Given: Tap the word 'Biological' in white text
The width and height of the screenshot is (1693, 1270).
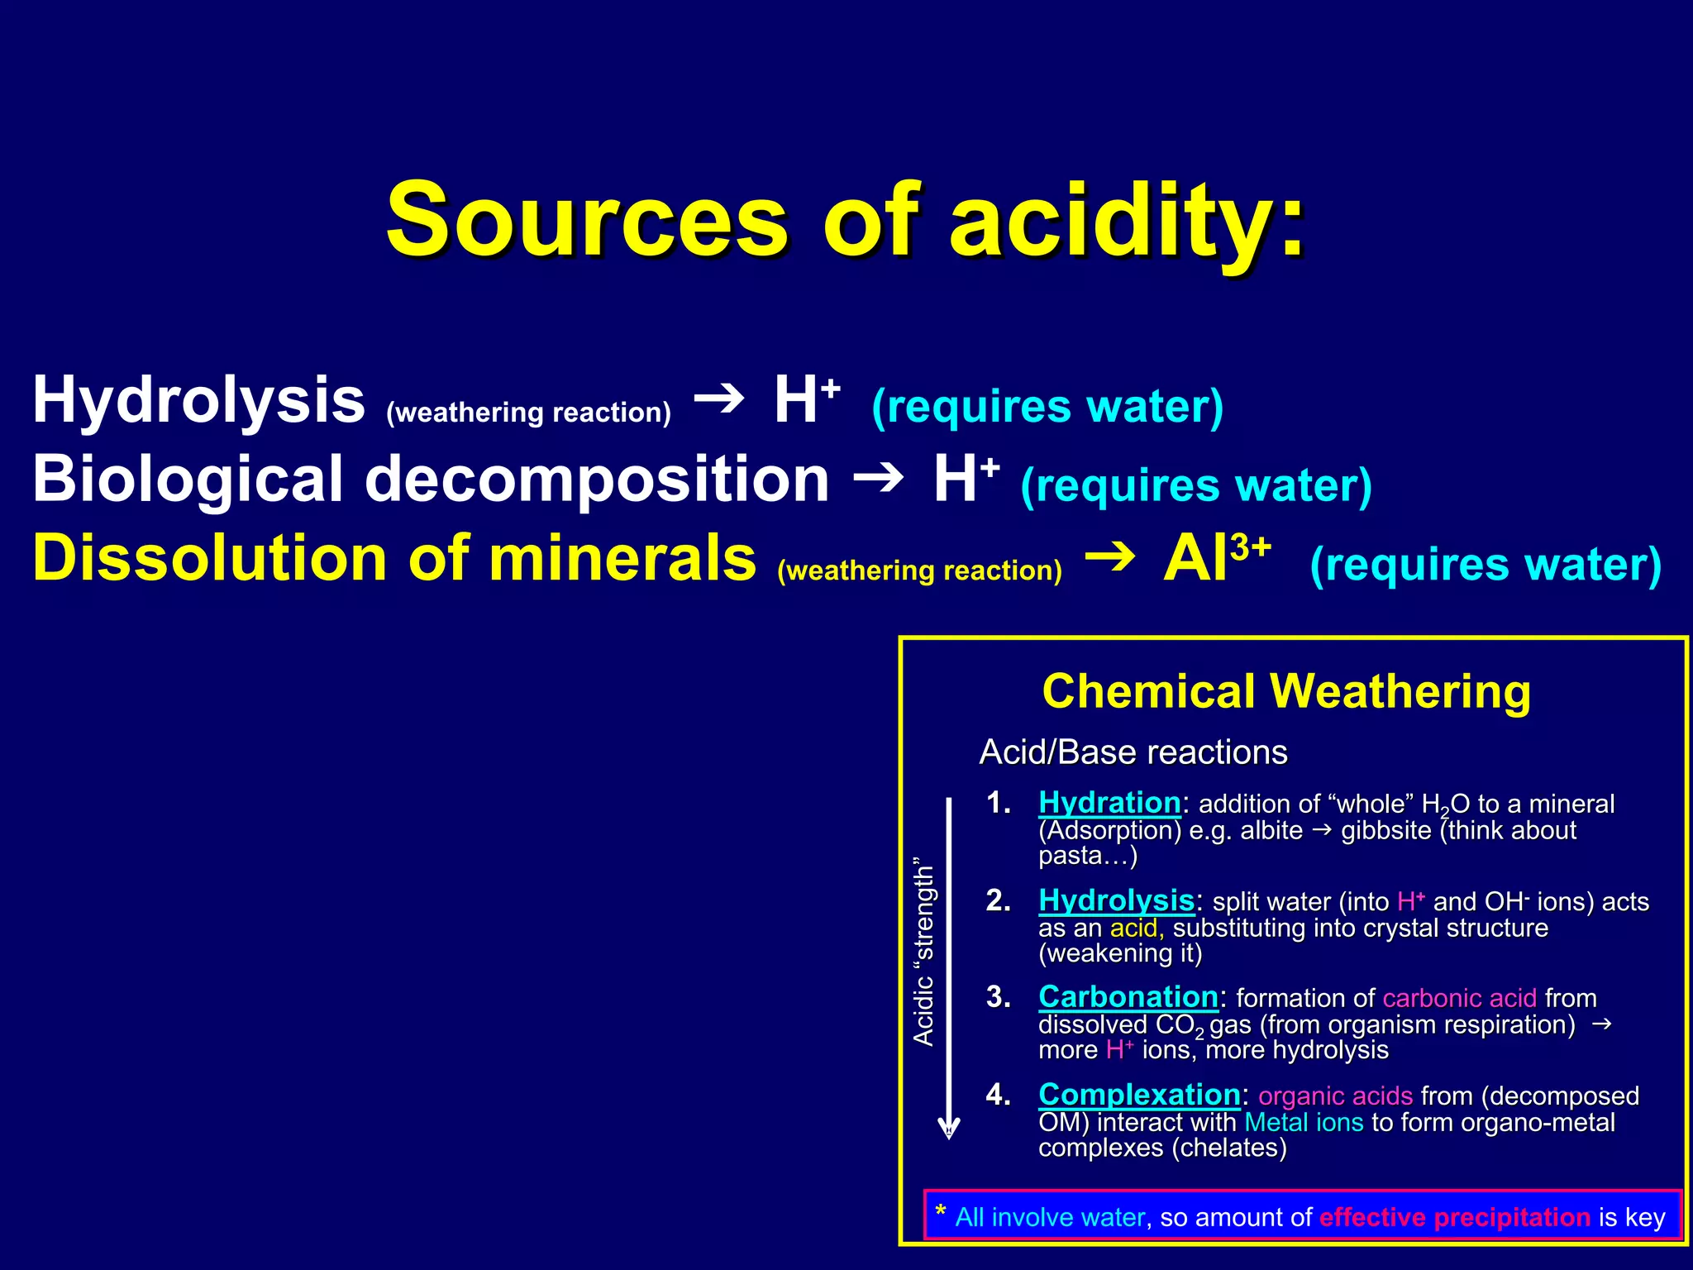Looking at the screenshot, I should click(x=187, y=480).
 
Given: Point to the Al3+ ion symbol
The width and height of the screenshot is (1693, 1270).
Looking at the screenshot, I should click(x=1215, y=559).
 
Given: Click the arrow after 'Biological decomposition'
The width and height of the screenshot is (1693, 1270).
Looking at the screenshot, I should click(x=878, y=478).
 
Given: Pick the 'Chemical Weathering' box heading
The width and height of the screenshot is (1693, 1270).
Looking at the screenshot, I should click(x=1285, y=691).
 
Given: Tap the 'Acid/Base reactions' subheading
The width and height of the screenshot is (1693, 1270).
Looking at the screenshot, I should click(x=1133, y=752).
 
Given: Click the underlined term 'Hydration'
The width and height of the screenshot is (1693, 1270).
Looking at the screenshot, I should click(x=1109, y=803).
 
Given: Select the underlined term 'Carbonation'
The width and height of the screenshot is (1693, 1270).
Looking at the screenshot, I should click(x=1128, y=997).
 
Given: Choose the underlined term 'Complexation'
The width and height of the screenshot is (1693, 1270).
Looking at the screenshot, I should click(x=1139, y=1095).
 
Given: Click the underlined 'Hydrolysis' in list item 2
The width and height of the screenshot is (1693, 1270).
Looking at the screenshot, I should click(x=1116, y=900).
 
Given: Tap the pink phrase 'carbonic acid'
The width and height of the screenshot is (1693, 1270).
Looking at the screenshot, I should click(x=1459, y=999).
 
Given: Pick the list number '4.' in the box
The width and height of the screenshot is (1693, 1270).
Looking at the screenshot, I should click(x=998, y=1095).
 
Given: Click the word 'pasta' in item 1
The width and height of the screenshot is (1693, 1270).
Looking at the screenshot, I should click(x=1071, y=857).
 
